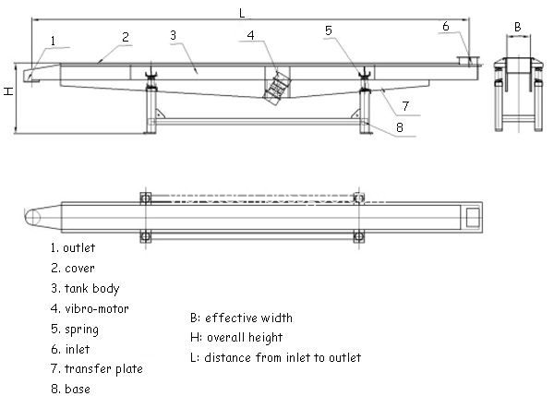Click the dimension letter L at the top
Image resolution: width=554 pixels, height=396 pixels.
(x=242, y=14)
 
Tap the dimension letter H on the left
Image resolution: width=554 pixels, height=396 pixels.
(x=8, y=90)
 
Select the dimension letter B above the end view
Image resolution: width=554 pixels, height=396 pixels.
(x=518, y=27)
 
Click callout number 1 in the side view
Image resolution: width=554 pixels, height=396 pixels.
(x=53, y=41)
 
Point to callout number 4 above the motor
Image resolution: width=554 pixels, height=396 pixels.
(x=250, y=35)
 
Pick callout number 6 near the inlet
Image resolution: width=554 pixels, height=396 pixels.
(x=446, y=26)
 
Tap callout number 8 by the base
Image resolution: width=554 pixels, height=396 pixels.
(x=400, y=127)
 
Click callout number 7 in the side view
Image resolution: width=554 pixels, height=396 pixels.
(x=405, y=105)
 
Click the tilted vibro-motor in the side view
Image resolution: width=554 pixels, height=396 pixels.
(x=277, y=88)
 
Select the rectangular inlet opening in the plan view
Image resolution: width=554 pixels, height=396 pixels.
(x=473, y=217)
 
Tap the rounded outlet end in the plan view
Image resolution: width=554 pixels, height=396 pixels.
(x=32, y=217)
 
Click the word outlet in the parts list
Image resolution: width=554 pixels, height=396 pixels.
(x=79, y=248)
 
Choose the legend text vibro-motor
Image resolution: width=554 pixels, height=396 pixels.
(x=97, y=309)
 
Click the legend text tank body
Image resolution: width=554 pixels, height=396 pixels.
(x=91, y=289)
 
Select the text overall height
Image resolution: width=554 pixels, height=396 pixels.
(x=245, y=338)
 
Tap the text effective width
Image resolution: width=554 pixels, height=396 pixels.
(x=248, y=318)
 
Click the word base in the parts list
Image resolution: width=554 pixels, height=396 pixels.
(x=78, y=390)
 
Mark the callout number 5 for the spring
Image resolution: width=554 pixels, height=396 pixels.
(x=329, y=30)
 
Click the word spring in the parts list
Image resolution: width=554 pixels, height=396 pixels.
(x=81, y=330)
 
